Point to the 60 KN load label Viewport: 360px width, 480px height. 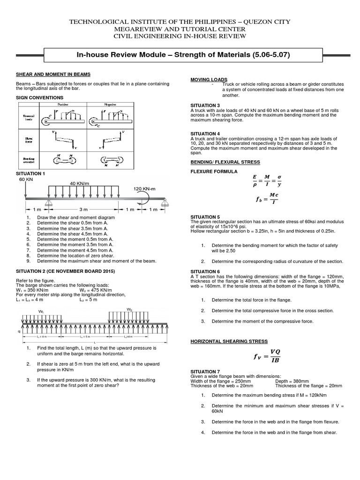click(x=26, y=180)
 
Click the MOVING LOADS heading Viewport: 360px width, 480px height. click(x=209, y=80)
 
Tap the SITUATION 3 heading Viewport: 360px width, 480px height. click(x=205, y=105)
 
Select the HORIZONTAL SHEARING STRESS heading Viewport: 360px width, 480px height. click(x=229, y=341)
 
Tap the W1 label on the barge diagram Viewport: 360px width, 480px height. click(x=41, y=311)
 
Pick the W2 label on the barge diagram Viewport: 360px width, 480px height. click(x=129, y=309)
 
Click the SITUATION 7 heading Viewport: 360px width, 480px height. click(x=205, y=371)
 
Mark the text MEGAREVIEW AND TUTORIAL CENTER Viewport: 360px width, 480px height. click(x=180, y=29)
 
